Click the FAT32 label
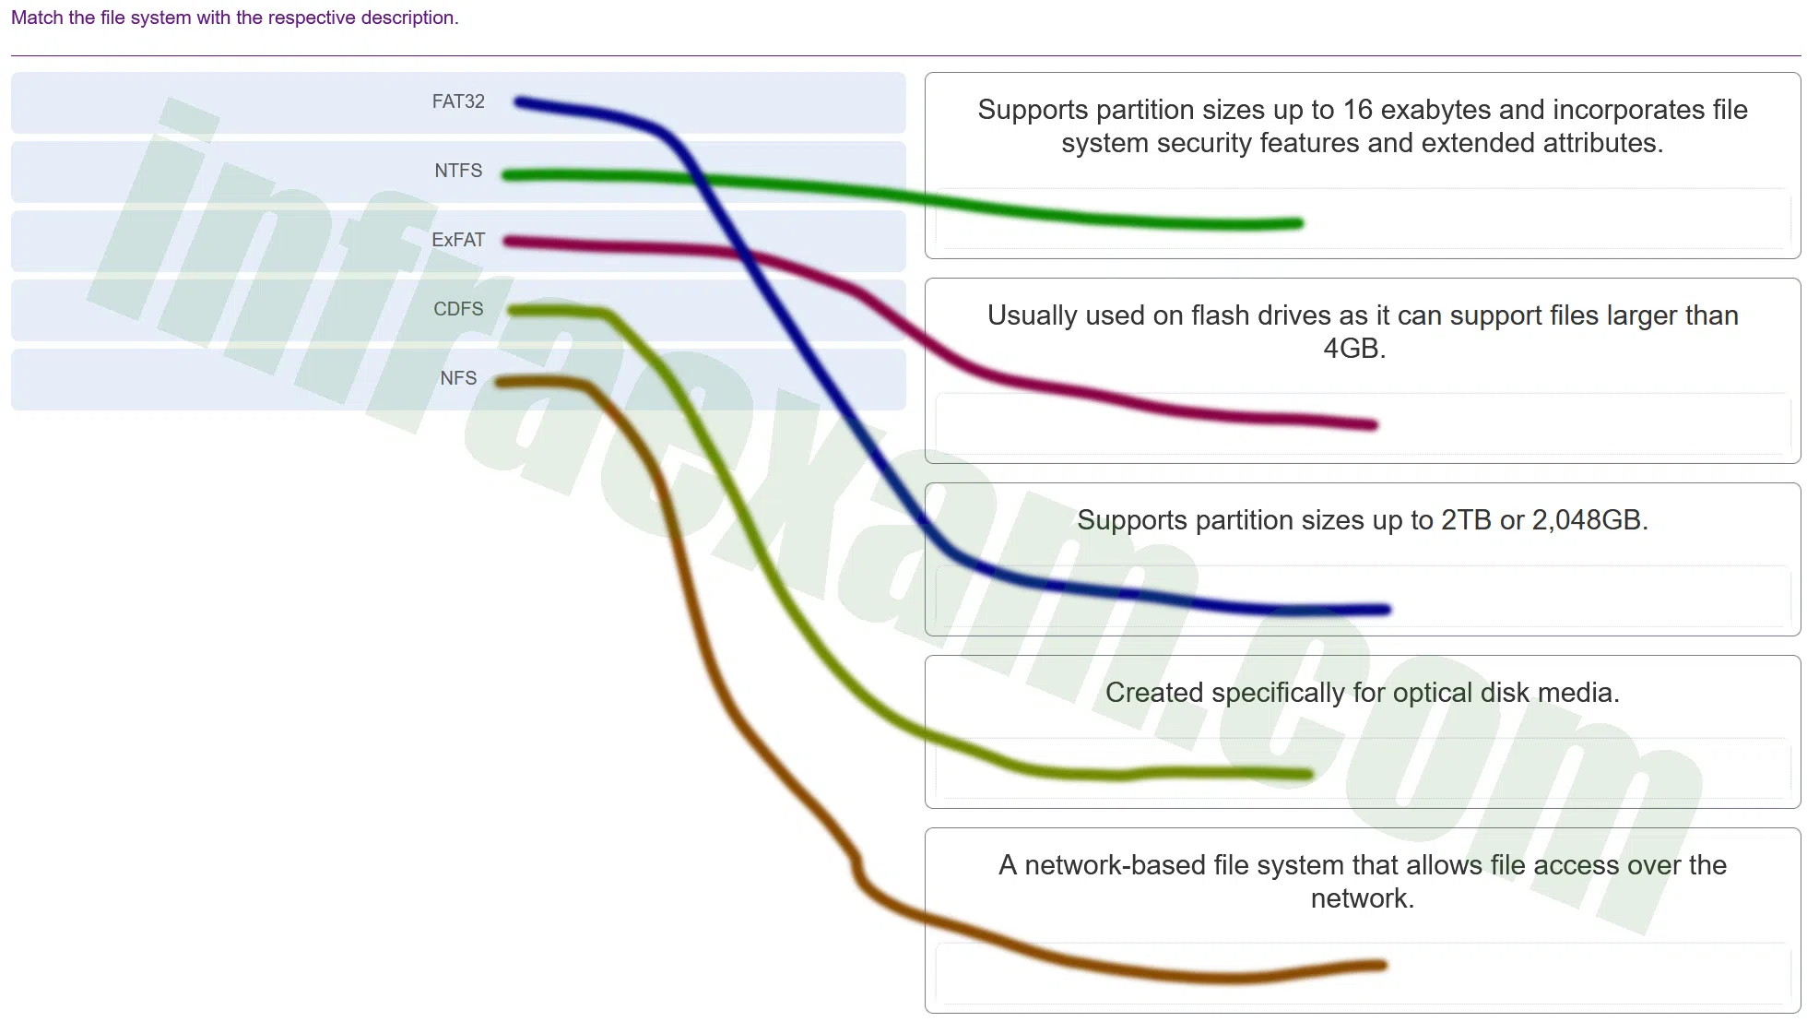point(458,101)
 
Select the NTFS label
point(458,171)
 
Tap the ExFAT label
point(458,240)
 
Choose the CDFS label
point(458,309)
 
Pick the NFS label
point(458,378)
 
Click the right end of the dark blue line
point(1387,609)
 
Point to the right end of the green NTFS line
point(1299,223)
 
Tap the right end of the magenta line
point(1374,425)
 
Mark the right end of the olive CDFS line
point(1308,775)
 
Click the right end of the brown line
point(1383,966)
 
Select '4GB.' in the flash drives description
point(1354,349)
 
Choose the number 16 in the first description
point(1358,110)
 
